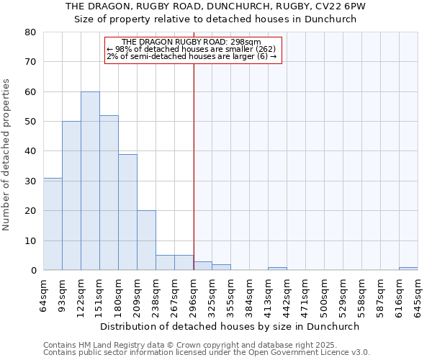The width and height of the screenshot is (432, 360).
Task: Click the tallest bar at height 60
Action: click(x=90, y=181)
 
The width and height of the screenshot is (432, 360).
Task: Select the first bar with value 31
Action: click(x=53, y=224)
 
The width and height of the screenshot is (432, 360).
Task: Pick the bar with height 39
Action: click(x=127, y=212)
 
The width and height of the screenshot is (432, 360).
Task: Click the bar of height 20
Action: click(x=146, y=240)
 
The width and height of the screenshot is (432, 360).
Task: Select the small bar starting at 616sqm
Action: click(x=408, y=269)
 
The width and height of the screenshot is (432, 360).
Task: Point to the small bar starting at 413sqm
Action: click(x=277, y=269)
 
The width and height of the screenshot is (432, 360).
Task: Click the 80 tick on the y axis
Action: click(x=30, y=32)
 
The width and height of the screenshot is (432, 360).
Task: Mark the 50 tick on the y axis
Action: click(x=30, y=122)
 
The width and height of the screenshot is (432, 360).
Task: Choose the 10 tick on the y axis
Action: click(x=30, y=240)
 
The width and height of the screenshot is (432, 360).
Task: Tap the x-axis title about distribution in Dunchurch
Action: click(x=230, y=326)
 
